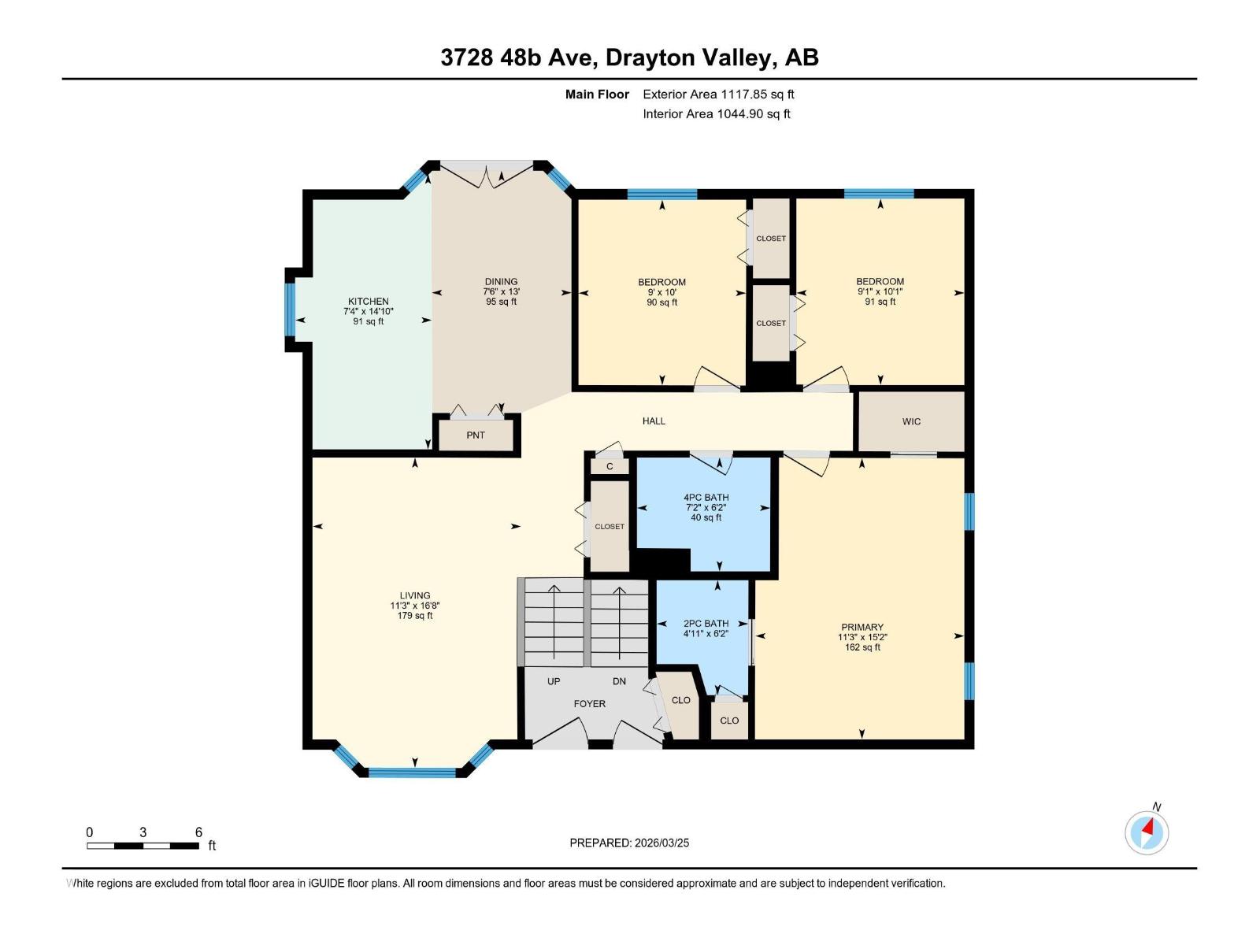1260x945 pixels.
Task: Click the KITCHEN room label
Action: point(369,302)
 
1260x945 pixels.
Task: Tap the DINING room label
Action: point(501,282)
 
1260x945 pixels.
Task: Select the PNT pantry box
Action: point(476,435)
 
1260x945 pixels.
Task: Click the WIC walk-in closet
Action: point(911,422)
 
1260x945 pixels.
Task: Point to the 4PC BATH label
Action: point(706,498)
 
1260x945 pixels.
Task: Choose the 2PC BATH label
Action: point(706,624)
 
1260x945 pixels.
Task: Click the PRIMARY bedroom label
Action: point(862,628)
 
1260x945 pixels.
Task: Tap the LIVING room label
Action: point(415,596)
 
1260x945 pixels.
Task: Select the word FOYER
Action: point(589,704)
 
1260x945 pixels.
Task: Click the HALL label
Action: point(654,421)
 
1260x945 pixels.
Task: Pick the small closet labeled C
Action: point(610,467)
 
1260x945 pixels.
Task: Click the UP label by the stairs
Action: point(554,681)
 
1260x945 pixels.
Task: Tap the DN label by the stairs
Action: point(620,681)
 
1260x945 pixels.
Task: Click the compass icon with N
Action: point(1147,832)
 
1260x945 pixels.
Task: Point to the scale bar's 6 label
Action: point(198,832)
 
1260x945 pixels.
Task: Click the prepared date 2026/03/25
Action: point(661,843)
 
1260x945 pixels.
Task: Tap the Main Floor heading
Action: point(597,94)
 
